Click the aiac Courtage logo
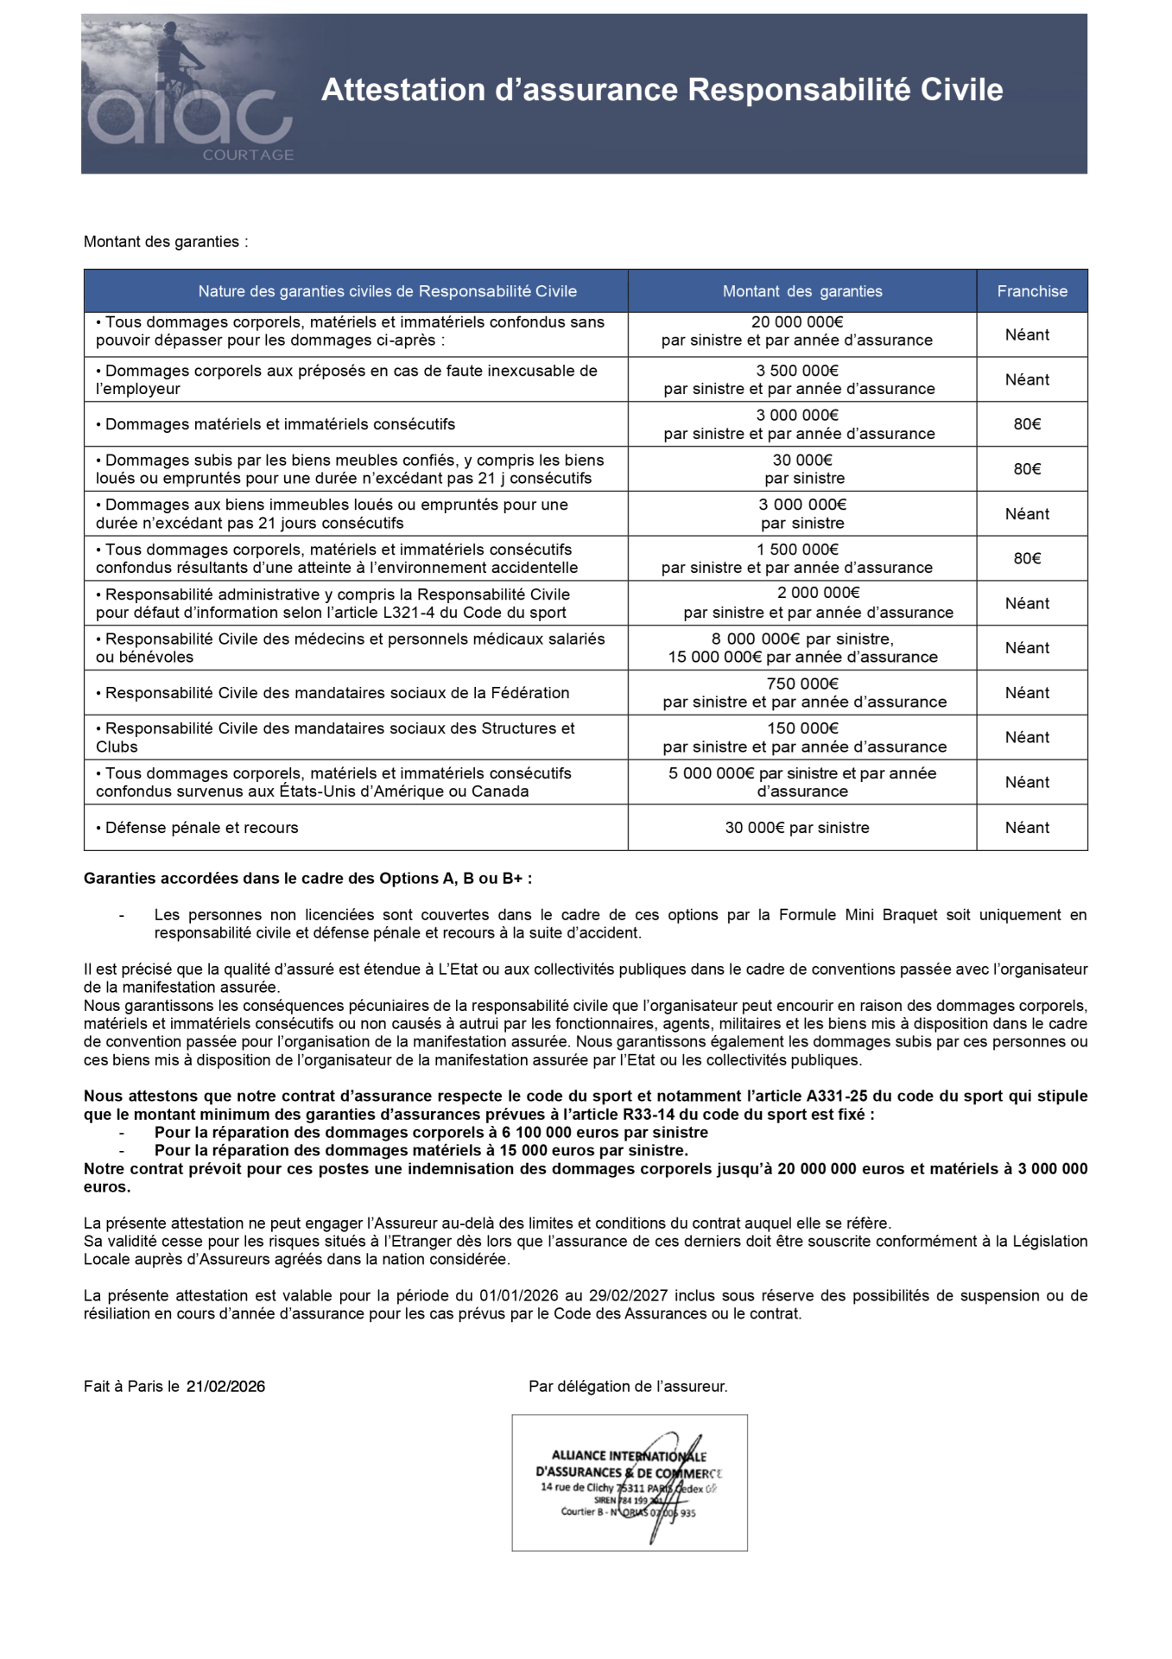(190, 117)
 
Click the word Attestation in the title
(402, 90)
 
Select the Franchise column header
(1031, 291)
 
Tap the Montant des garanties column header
(801, 291)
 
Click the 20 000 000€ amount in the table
(796, 322)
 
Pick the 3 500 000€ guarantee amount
(797, 371)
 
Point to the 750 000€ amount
(802, 683)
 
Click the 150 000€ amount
(802, 728)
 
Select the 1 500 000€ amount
(797, 550)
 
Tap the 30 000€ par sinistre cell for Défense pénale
(796, 828)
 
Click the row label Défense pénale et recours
(201, 828)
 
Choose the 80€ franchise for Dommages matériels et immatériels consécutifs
(1027, 424)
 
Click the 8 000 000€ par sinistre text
(801, 639)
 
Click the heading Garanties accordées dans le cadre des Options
(307, 879)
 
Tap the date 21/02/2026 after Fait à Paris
(225, 1387)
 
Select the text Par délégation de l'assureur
(628, 1387)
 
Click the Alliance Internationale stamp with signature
(629, 1483)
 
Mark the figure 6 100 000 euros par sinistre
(604, 1133)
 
